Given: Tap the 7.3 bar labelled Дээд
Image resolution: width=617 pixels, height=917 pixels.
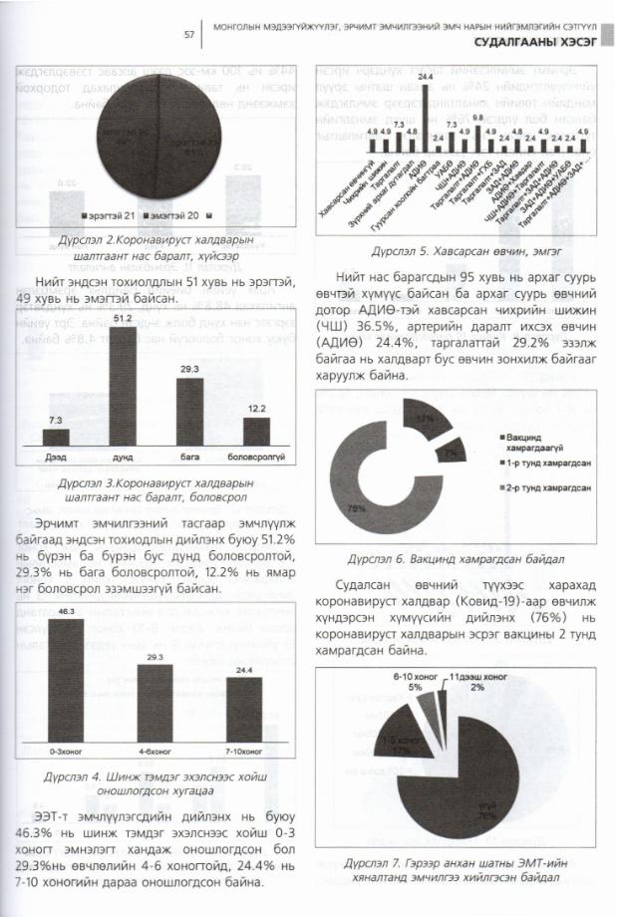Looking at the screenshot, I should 57,437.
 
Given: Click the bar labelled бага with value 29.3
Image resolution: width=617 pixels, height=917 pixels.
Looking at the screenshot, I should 189,410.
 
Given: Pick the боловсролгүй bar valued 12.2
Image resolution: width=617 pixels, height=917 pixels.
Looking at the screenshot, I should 256,431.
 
